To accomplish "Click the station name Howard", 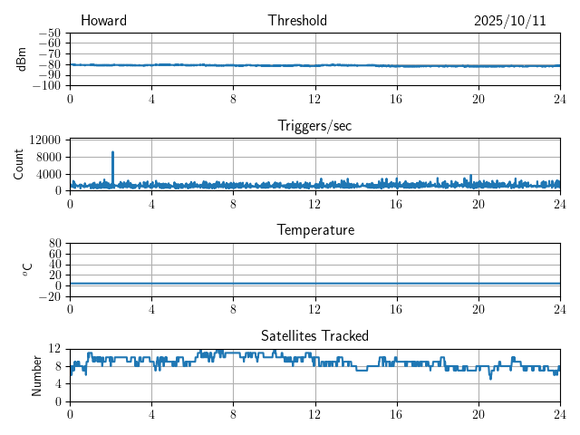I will [103, 21].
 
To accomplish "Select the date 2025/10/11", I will [509, 21].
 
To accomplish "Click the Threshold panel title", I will [297, 21].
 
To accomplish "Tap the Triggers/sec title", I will [314, 126].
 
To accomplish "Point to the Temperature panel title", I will [314, 230].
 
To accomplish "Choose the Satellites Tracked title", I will [314, 335].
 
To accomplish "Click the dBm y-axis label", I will [22, 59].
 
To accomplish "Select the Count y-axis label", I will [19, 164].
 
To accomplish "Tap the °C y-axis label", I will [27, 269].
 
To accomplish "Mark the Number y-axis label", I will [36, 374].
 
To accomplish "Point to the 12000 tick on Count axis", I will [44, 140].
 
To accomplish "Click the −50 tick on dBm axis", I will [49, 33].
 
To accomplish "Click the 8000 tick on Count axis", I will [47, 157].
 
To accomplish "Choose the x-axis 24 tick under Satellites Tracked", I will [559, 414].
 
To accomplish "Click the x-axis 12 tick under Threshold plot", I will [314, 99].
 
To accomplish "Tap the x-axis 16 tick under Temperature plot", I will [396, 309].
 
